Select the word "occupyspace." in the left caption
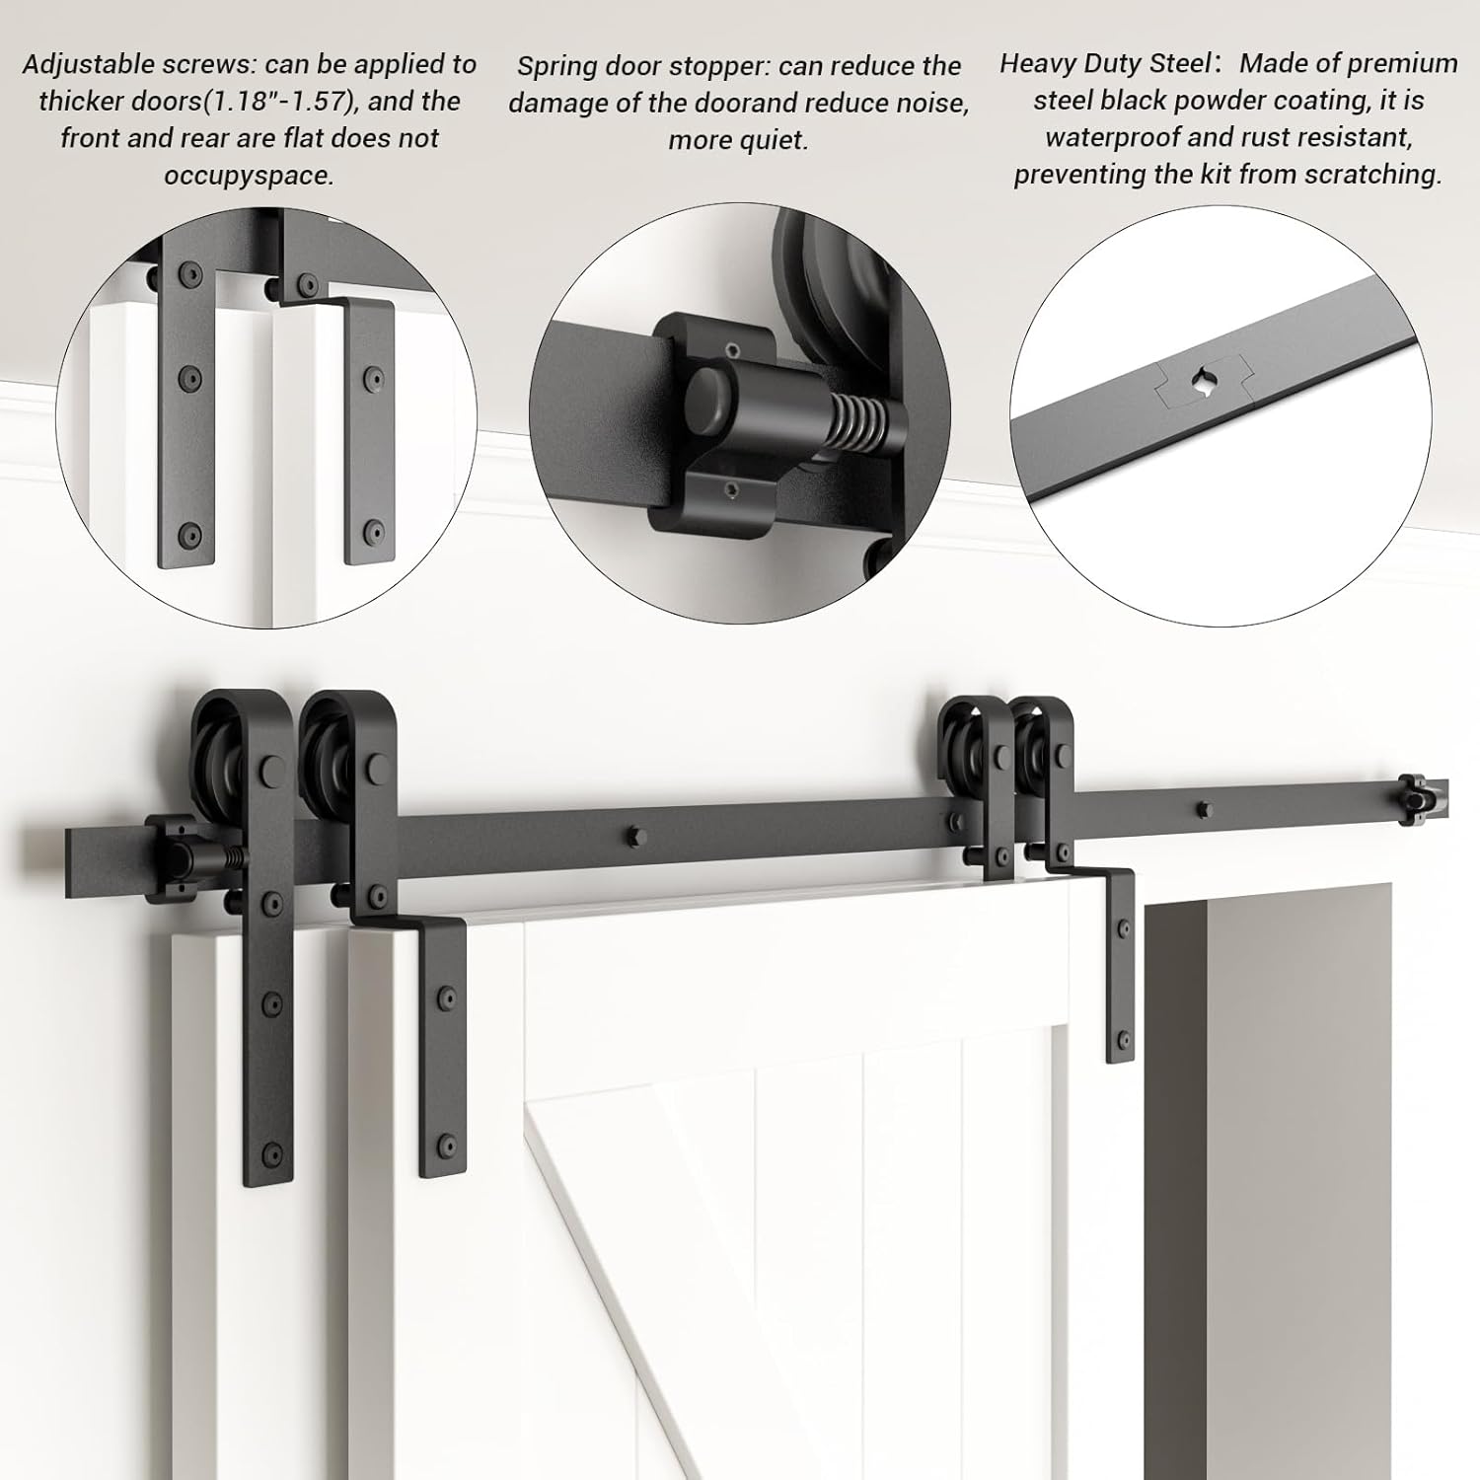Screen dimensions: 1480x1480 coord(249,176)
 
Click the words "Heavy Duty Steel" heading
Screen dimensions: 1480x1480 coord(1105,63)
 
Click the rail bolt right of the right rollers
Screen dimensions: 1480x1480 coord(1202,810)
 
